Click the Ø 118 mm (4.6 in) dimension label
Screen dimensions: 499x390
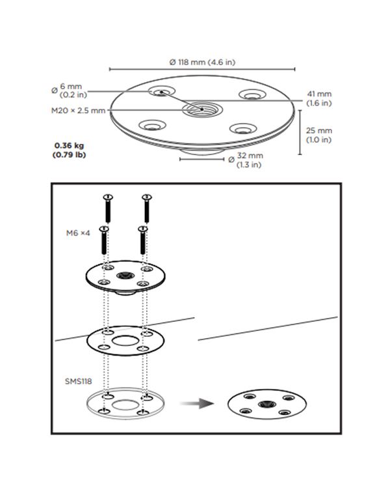(x=202, y=62)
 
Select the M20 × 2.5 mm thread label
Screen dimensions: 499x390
(x=79, y=111)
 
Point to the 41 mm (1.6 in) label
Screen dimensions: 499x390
(x=318, y=98)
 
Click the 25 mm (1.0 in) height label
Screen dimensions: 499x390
(x=318, y=135)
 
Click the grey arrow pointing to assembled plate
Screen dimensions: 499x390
(x=199, y=405)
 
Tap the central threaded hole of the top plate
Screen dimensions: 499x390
(x=201, y=108)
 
